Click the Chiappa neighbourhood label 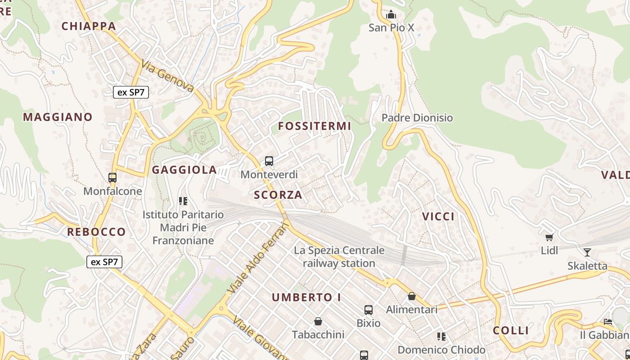[x=89, y=26]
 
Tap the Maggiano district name [x=58, y=117]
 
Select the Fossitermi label [x=314, y=126]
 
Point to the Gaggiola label [x=184, y=170]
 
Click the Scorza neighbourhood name [x=278, y=195]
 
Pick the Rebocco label [x=96, y=232]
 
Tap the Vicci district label [x=438, y=216]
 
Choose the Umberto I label [x=306, y=297]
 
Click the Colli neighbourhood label [x=511, y=331]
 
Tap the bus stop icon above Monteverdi [x=269, y=161]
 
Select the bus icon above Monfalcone [x=112, y=178]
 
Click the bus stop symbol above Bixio [x=369, y=310]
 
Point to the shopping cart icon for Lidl [x=549, y=237]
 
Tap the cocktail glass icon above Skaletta [x=587, y=252]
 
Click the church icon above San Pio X [x=391, y=15]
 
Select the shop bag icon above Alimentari [x=411, y=296]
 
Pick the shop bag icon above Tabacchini [x=318, y=321]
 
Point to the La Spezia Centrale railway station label [x=339, y=256]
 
